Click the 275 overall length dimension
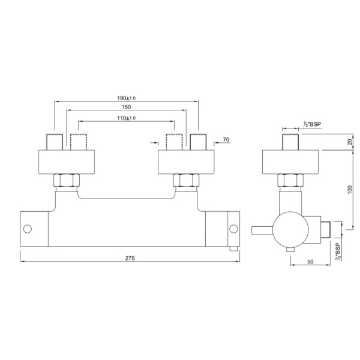[129, 259]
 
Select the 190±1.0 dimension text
[127, 97]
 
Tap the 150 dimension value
[126, 107]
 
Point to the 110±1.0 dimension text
[126, 118]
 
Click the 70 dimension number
[226, 140]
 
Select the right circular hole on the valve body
[234, 228]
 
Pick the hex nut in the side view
[289, 180]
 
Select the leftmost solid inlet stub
[54, 142]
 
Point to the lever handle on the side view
[262, 229]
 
